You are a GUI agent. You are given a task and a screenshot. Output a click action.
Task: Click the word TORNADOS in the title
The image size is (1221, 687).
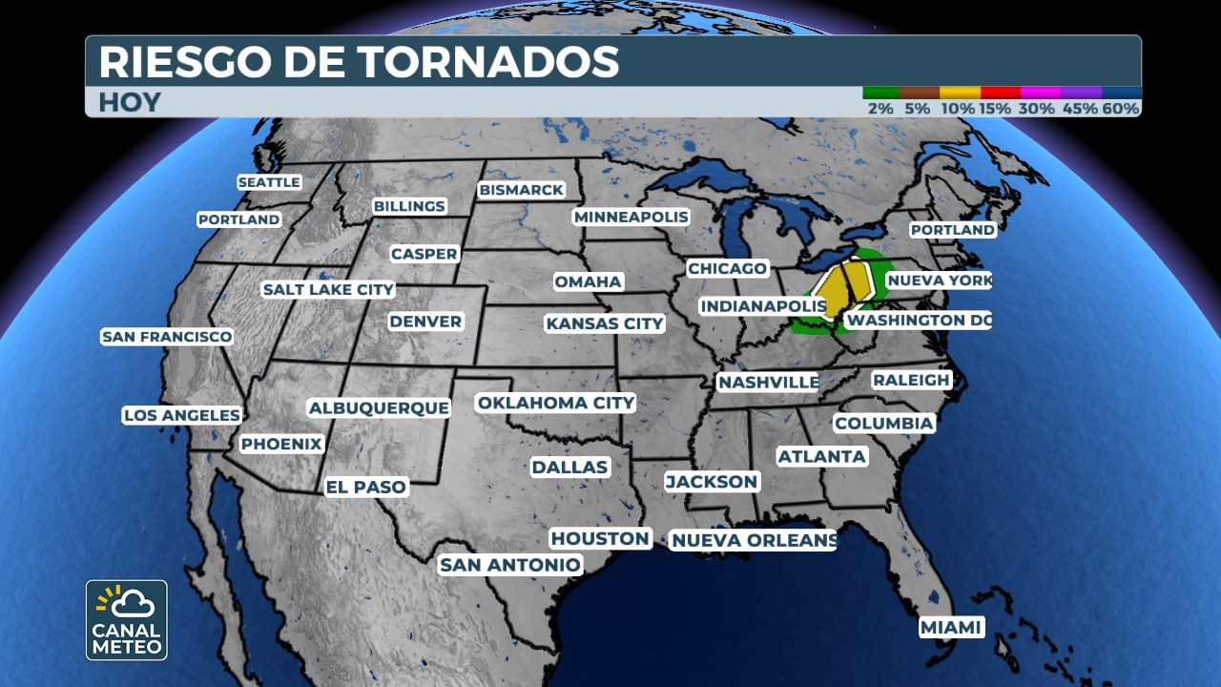488,62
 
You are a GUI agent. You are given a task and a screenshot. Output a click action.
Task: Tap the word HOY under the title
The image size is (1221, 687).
129,102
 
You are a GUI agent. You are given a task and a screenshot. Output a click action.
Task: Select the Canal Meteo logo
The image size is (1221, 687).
127,620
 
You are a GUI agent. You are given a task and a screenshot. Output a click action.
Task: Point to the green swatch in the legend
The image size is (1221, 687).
881,93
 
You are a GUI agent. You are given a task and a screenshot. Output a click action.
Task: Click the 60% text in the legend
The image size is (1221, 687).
1121,109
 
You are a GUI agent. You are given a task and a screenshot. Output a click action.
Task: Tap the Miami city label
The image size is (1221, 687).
951,627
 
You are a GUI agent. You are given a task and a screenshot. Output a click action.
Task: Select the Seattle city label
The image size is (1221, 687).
269,182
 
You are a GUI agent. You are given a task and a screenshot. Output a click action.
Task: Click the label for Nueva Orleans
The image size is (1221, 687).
753,541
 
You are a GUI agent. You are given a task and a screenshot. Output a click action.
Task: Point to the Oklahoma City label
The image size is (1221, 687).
556,403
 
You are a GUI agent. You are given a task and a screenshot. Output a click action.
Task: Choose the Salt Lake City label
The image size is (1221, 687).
327,289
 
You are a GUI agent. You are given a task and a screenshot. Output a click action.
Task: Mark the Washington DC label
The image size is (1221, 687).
918,321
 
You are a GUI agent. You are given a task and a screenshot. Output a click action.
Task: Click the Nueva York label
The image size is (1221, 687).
939,281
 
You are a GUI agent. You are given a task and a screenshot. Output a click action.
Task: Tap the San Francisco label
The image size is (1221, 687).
167,337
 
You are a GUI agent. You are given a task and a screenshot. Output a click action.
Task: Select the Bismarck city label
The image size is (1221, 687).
522,190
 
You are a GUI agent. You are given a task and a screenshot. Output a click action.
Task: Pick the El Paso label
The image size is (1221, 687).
366,487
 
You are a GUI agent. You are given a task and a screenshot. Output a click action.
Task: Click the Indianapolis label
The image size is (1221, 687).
762,306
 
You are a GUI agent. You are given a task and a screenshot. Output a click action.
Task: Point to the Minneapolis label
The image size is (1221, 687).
631,217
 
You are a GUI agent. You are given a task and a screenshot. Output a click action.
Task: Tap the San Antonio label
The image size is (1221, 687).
509,565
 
